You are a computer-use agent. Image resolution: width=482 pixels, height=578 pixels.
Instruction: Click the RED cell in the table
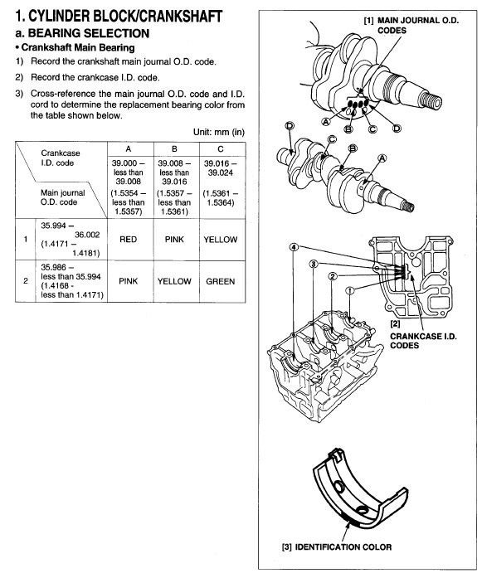[128, 240]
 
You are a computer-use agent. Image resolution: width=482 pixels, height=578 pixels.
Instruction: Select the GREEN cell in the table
[220, 281]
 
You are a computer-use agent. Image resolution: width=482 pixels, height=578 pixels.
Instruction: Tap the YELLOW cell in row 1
[220, 240]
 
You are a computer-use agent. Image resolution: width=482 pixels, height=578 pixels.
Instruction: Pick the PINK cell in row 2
[128, 281]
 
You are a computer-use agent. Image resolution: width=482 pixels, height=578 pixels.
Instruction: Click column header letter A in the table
[128, 149]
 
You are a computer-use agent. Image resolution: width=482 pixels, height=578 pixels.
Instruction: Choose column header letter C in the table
[220, 149]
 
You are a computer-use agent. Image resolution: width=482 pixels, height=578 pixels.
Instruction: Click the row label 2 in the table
[26, 281]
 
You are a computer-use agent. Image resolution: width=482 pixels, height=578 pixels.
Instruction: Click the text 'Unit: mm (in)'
[219, 132]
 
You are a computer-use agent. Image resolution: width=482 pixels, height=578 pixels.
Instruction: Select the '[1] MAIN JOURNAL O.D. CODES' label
[411, 26]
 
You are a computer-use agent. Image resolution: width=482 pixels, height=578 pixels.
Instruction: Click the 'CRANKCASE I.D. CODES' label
[423, 341]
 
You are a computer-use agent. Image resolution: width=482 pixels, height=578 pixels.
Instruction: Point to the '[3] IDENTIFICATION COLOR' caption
[337, 547]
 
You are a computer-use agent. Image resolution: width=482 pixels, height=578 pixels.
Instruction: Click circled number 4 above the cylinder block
[294, 247]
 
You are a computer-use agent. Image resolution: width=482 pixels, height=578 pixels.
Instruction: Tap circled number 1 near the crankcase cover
[350, 290]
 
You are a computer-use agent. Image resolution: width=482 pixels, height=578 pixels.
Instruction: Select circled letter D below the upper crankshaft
[397, 128]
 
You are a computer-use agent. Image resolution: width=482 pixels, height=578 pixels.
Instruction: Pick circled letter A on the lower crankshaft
[382, 158]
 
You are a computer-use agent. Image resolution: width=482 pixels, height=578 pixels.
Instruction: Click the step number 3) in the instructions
[19, 94]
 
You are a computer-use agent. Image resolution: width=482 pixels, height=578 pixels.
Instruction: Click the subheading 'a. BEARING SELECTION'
[82, 33]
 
